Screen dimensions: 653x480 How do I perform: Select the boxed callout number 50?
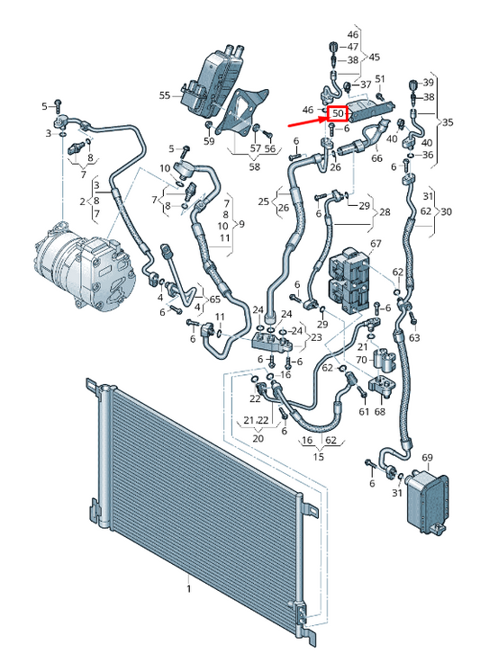338,113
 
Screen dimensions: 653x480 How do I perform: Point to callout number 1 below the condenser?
189,589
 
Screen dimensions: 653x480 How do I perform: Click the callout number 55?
165,94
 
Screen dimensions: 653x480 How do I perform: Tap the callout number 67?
376,244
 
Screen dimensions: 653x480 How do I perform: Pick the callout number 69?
427,458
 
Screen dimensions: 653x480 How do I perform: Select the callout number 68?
380,411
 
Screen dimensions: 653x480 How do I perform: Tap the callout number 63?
413,338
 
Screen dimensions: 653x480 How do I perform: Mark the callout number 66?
376,159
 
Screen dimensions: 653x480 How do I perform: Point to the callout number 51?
380,79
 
